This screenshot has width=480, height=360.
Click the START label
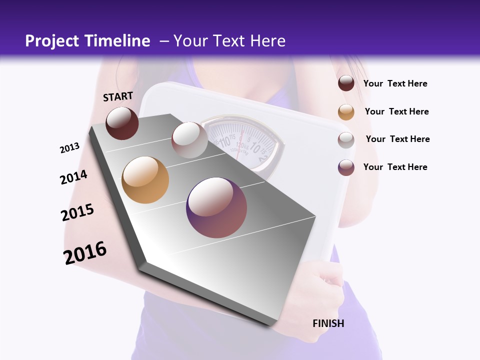(118, 96)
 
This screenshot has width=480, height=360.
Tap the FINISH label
(328, 323)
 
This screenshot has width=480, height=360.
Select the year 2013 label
(70, 148)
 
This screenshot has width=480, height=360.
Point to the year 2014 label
(73, 177)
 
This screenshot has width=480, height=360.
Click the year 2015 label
(77, 212)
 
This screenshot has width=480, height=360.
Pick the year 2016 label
(85, 253)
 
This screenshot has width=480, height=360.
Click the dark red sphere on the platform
(122, 123)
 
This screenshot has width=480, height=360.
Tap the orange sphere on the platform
(145, 180)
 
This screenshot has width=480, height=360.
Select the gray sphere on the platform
(189, 140)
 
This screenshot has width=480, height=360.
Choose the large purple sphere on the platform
(216, 208)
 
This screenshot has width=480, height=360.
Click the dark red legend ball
(346, 83)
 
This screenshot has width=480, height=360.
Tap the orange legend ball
(346, 112)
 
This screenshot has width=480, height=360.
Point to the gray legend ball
(346, 140)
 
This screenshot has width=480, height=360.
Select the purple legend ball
(346, 167)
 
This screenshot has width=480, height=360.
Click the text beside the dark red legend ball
(395, 84)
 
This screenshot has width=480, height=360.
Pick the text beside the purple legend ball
(395, 167)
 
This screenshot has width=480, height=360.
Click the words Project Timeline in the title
(87, 41)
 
